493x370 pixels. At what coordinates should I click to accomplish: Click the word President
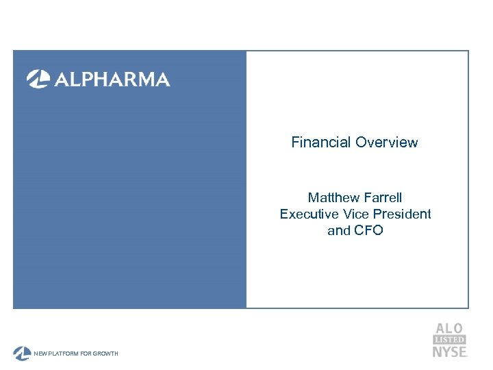403,214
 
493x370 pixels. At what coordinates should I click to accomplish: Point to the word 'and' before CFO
339,230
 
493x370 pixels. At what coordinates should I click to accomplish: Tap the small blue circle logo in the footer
21,354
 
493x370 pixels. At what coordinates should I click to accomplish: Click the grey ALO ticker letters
449,328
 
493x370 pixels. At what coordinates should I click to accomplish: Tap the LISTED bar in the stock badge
449,340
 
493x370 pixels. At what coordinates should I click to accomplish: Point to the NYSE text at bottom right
449,351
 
